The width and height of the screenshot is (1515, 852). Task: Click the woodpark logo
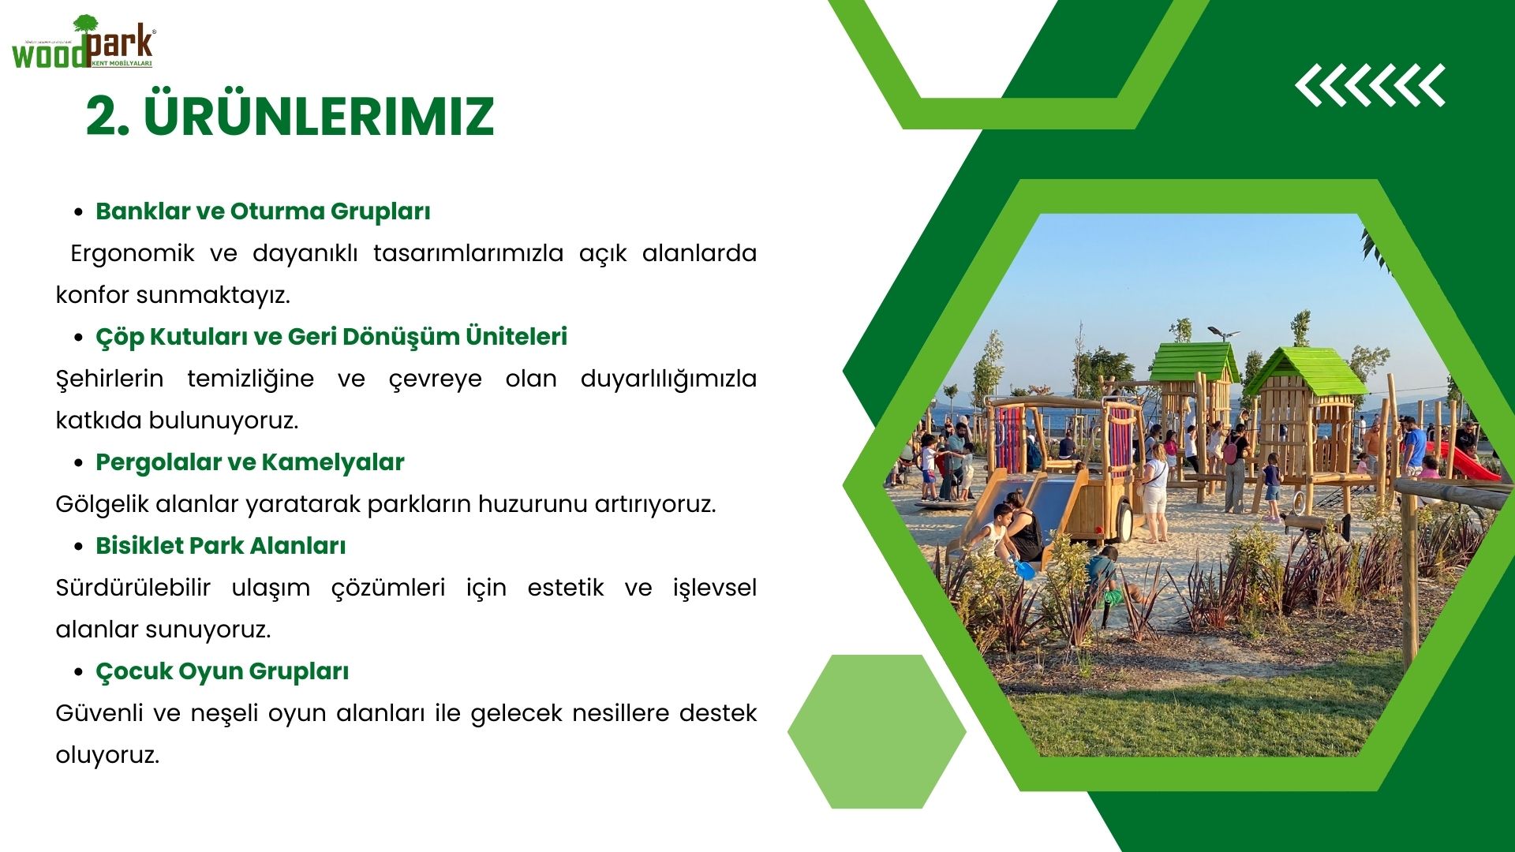coord(84,43)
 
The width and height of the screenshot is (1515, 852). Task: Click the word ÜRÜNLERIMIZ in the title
coord(319,117)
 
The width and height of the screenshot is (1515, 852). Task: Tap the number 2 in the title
coord(102,117)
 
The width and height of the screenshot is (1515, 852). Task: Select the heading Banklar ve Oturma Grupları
coord(263,211)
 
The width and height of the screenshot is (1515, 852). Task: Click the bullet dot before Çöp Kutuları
coord(78,338)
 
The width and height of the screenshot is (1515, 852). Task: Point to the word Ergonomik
coord(133,254)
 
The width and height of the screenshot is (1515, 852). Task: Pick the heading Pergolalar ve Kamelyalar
coord(249,462)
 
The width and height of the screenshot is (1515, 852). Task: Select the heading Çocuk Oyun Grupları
coord(222,671)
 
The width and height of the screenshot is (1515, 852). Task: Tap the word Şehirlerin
coord(110,379)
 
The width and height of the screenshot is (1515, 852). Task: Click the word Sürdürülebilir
coord(133,588)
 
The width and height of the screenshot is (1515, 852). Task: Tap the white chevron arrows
coord(1370,85)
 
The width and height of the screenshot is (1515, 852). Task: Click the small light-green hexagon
coord(877,731)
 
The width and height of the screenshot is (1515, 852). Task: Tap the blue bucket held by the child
coord(1023,569)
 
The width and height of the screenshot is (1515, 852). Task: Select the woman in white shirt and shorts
coord(1155,492)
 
